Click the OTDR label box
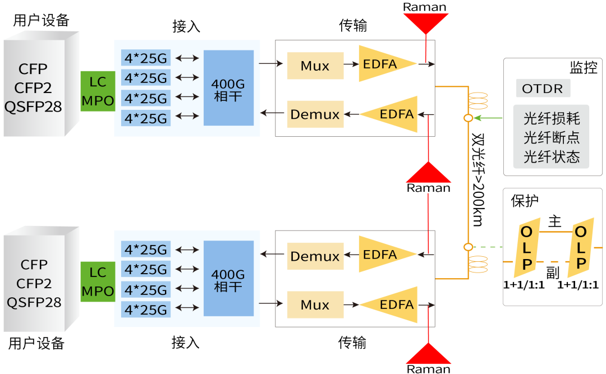point(542,89)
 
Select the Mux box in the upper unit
point(315,66)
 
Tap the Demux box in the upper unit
point(315,114)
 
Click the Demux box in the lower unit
point(315,257)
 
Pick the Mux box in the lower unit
point(315,305)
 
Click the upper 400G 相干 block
point(228,88)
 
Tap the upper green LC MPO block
point(98,91)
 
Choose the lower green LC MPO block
point(98,281)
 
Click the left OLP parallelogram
point(527,247)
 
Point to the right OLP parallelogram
point(580,247)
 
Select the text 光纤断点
point(551,137)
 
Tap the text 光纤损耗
point(551,119)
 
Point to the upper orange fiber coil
point(478,100)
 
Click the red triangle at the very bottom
point(429,355)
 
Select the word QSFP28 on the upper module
point(34,107)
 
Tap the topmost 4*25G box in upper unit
point(146,58)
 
